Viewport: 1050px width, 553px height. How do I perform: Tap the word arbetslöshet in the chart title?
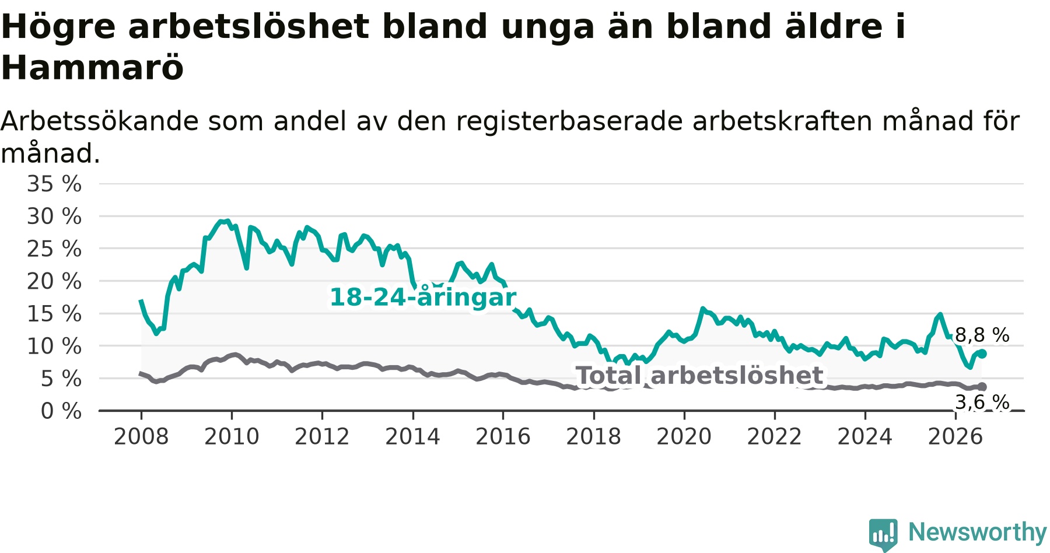(x=249, y=26)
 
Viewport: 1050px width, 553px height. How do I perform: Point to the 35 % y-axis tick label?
(x=54, y=184)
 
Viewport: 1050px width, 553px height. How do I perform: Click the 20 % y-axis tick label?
(x=54, y=281)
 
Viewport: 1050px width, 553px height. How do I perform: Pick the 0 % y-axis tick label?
(x=61, y=411)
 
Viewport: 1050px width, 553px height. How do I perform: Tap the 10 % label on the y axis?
(x=54, y=346)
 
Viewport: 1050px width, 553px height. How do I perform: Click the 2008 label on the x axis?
(x=141, y=436)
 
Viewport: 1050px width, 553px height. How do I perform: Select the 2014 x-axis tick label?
(x=412, y=436)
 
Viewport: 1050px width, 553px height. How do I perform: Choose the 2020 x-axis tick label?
(x=684, y=436)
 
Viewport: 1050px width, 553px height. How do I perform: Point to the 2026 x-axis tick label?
(x=956, y=436)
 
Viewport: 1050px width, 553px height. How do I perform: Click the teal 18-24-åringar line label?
(x=423, y=297)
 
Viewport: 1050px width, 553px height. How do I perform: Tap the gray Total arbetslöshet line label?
(x=699, y=376)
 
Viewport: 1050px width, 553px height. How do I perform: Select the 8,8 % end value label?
(x=982, y=335)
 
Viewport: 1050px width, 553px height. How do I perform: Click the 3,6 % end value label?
(x=982, y=402)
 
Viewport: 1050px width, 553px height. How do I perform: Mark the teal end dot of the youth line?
(x=982, y=353)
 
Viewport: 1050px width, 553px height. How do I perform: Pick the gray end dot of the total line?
(x=982, y=387)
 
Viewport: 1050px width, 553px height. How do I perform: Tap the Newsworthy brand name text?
(x=978, y=532)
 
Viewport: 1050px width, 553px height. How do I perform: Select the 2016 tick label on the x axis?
(x=503, y=436)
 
